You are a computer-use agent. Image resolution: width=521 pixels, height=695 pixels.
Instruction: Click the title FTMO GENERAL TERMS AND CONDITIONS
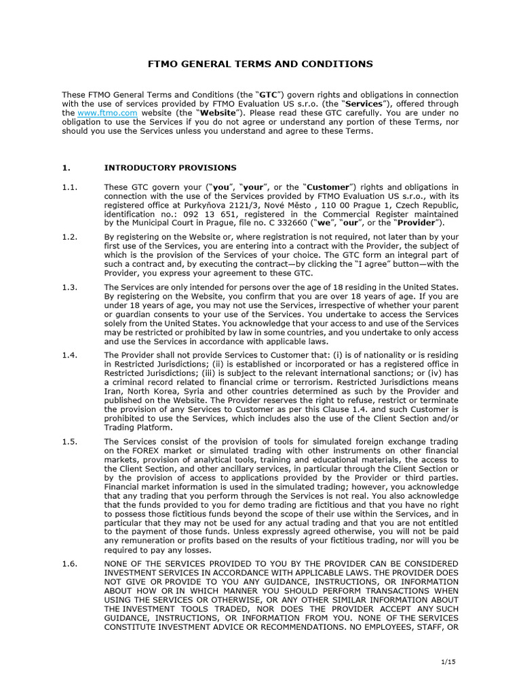[260, 64]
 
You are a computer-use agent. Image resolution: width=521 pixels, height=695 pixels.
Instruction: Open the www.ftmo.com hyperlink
[99, 113]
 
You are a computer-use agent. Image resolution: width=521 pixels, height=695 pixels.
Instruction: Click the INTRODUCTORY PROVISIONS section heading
[170, 167]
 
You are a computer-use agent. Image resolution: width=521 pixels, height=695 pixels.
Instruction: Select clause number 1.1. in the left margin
[71, 187]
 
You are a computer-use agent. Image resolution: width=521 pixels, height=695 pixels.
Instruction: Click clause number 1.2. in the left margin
[71, 237]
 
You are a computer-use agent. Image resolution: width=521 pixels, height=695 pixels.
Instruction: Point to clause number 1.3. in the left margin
[71, 288]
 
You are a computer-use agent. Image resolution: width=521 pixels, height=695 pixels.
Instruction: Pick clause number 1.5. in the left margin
[71, 442]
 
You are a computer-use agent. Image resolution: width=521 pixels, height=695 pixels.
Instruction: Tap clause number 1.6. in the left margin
[71, 563]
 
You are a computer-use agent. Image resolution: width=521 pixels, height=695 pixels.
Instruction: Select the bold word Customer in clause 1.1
[329, 187]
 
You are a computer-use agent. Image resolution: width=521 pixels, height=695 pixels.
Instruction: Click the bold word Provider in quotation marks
[418, 222]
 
